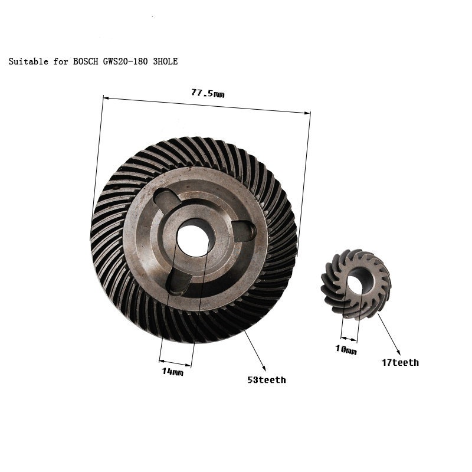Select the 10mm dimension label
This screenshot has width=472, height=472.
click(347, 350)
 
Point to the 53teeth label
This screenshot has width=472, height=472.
click(266, 380)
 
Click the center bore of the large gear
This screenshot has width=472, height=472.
click(192, 238)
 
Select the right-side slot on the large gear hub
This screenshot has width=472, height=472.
click(244, 231)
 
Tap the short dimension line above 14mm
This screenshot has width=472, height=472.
click(175, 360)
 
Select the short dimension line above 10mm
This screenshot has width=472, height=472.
click(348, 339)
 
